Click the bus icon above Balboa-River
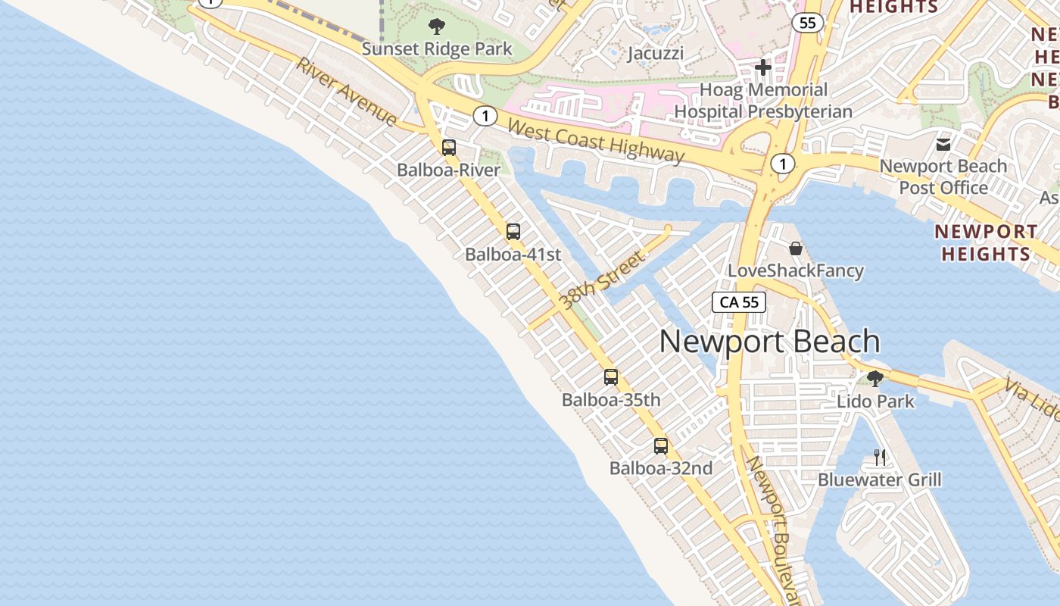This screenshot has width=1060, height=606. (x=449, y=148)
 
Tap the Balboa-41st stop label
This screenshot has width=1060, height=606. (x=513, y=255)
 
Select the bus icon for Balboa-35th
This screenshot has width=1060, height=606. (x=611, y=376)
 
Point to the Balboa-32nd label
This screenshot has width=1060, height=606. (x=661, y=469)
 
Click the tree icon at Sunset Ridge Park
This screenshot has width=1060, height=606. (x=437, y=27)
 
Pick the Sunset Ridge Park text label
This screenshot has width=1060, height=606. (x=437, y=49)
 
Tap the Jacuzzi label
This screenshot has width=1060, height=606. (x=656, y=53)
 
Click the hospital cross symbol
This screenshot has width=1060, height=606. (x=763, y=67)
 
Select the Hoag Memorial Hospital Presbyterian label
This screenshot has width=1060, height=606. (x=763, y=101)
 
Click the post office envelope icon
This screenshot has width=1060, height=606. (x=943, y=144)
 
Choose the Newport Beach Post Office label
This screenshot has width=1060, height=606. (x=943, y=176)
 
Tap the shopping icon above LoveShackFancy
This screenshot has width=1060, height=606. (x=796, y=248)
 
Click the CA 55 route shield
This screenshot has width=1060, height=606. (x=739, y=302)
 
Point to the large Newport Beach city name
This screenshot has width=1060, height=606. (x=769, y=342)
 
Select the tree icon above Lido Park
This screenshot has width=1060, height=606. (x=875, y=378)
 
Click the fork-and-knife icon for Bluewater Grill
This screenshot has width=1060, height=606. (x=880, y=457)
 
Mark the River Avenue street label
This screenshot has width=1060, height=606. (x=347, y=92)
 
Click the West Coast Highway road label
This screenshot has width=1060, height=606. (x=596, y=141)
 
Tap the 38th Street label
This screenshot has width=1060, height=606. (x=603, y=280)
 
